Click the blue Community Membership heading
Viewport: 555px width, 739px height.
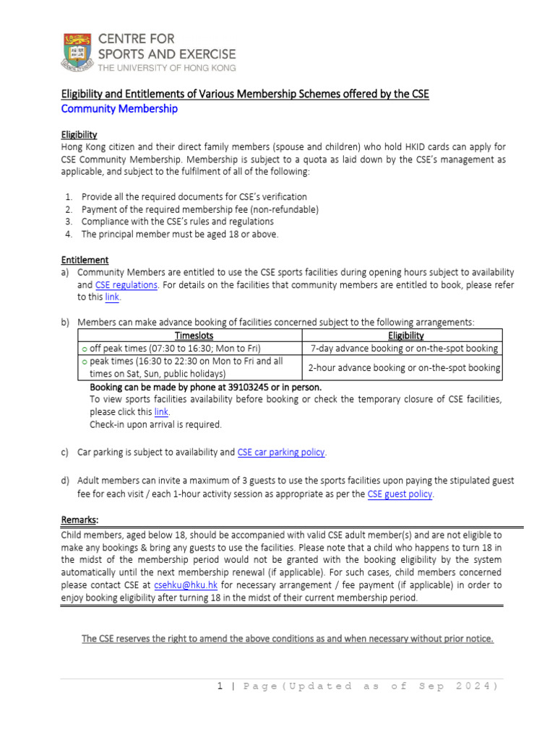tap(119, 109)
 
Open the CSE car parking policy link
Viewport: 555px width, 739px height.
tap(281, 452)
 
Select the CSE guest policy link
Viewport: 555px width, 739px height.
tap(400, 494)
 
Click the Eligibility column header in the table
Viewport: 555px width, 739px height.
tap(405, 336)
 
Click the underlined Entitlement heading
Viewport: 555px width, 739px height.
tap(85, 259)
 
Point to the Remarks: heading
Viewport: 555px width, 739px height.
tap(79, 520)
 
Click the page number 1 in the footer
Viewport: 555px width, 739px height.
tap(220, 686)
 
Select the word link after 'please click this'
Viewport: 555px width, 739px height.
tap(162, 411)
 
